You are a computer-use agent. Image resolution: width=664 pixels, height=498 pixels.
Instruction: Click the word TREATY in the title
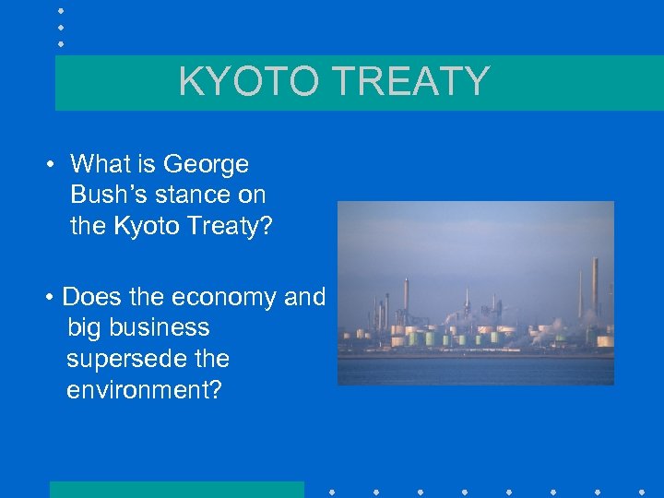point(410,81)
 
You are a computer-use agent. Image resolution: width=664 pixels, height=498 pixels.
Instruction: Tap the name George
point(206,164)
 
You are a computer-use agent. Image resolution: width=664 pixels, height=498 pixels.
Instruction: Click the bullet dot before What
point(52,166)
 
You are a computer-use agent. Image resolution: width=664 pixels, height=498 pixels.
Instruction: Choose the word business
point(160,327)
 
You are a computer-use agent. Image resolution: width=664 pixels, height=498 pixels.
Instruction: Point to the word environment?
point(144,389)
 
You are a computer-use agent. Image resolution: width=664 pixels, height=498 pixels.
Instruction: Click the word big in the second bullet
point(85,327)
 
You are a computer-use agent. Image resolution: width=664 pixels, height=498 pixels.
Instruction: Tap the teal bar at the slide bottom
point(176,489)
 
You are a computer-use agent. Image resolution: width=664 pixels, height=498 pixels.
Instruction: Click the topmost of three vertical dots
point(61,11)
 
